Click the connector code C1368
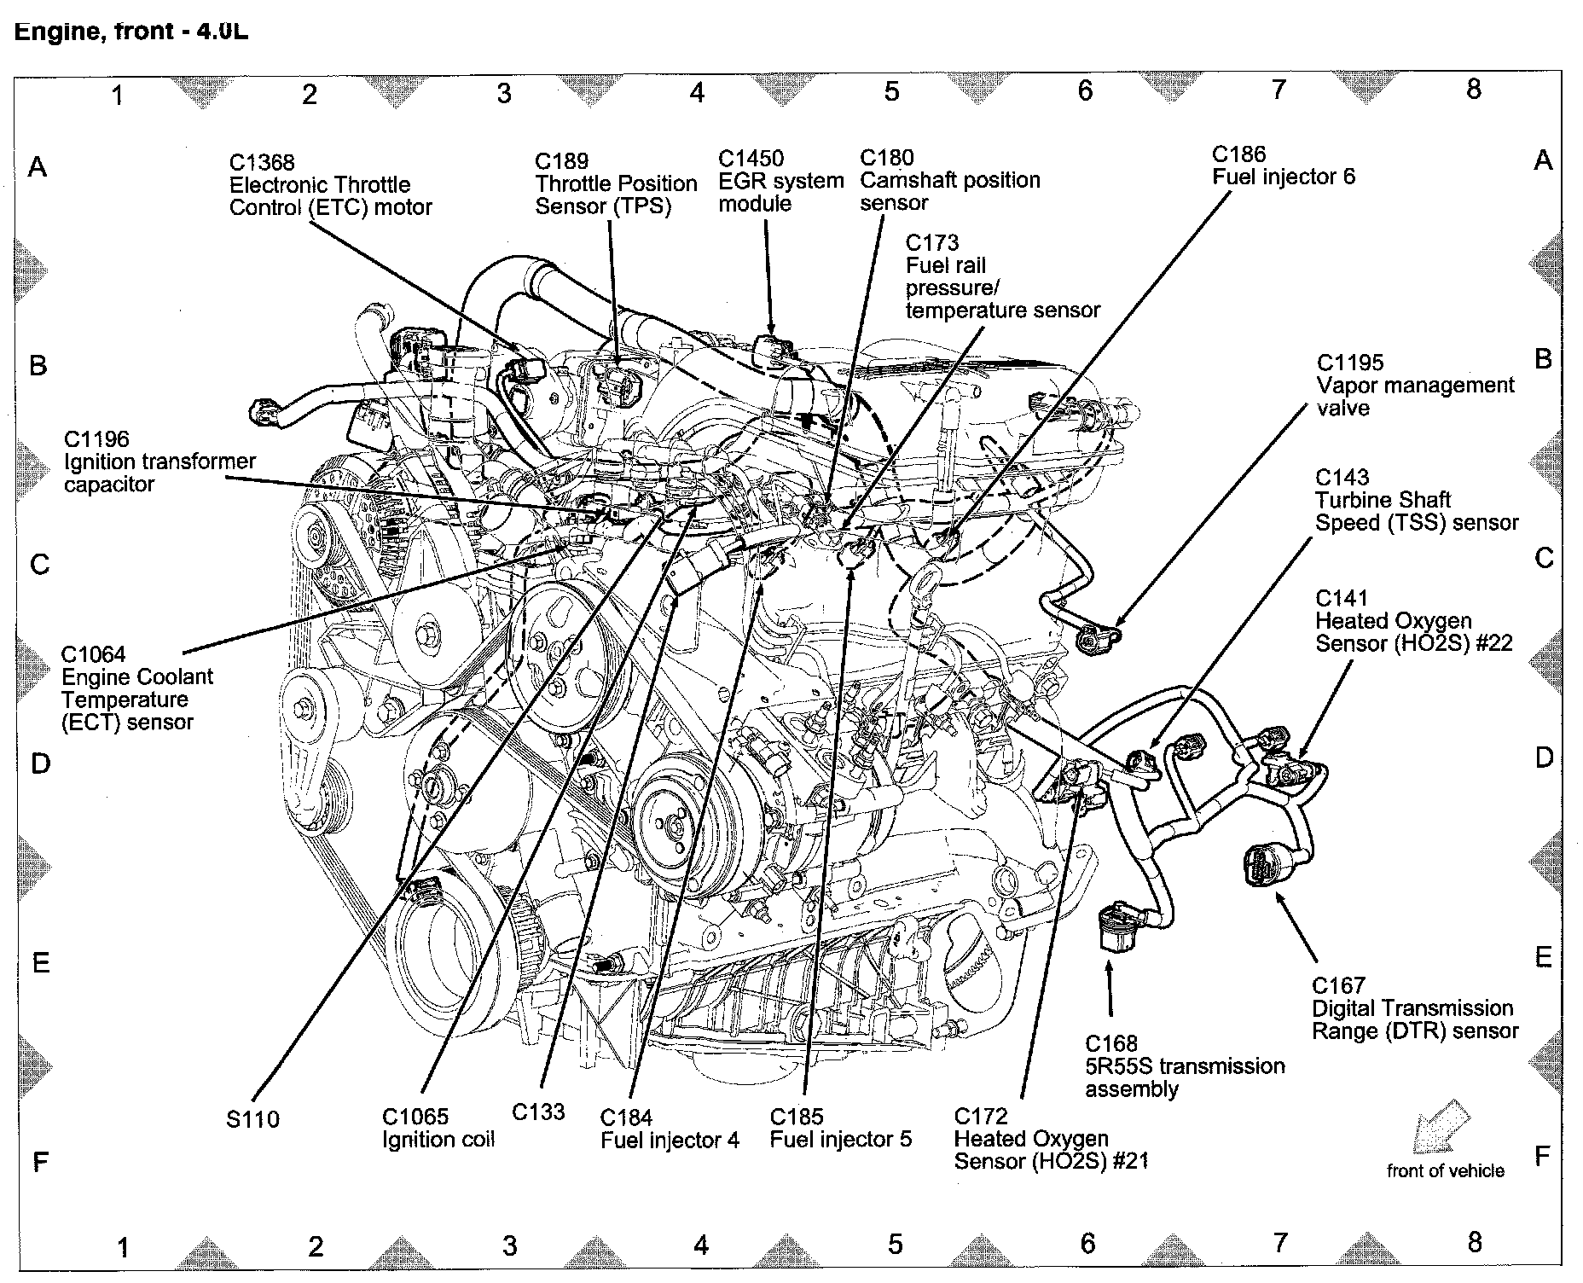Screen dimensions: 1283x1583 262,163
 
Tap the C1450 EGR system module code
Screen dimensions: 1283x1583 751,159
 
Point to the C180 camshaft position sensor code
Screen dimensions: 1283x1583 886,158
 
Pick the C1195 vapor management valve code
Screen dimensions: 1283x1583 1349,363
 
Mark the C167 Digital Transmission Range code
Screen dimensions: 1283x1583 1338,986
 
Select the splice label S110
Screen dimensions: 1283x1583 253,1119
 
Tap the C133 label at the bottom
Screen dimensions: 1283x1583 538,1112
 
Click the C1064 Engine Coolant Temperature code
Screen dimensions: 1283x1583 93,655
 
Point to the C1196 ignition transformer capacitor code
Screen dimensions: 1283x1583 96,439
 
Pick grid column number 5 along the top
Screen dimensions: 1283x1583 891,90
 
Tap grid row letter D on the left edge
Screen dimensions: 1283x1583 40,763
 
